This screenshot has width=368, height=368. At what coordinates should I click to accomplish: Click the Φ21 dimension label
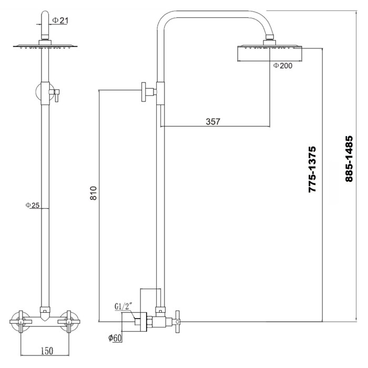click(x=60, y=21)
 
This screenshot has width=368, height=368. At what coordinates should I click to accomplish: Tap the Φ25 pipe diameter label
click(x=33, y=205)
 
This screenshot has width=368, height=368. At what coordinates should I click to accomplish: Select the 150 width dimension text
click(x=47, y=351)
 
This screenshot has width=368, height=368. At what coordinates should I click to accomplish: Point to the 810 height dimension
click(x=94, y=193)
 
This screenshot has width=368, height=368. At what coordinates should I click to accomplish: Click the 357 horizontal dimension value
click(x=213, y=121)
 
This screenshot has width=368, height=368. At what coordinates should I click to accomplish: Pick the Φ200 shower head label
click(x=283, y=66)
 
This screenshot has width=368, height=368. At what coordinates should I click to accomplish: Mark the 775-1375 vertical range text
click(x=312, y=169)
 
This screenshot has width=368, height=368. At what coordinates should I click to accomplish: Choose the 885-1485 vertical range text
click(x=349, y=159)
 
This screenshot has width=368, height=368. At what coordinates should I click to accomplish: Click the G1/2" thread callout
click(x=124, y=306)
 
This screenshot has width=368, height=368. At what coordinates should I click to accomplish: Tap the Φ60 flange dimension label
click(x=115, y=338)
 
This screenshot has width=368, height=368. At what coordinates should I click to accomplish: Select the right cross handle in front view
click(x=69, y=322)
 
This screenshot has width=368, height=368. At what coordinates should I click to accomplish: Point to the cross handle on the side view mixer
click(x=178, y=321)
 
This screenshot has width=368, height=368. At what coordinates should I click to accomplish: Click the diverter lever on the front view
click(x=56, y=94)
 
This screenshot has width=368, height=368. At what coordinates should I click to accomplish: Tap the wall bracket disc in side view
click(x=144, y=92)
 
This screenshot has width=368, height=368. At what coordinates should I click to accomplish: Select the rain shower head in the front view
click(x=45, y=46)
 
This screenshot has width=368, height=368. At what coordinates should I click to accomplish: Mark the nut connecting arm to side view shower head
click(x=270, y=37)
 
